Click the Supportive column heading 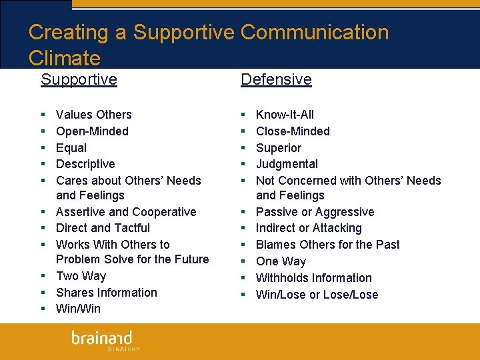click(79, 79)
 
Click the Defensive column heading click(276, 79)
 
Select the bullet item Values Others click(94, 115)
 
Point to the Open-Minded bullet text click(92, 131)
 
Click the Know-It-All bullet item click(285, 115)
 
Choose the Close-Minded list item click(293, 131)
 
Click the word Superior click(279, 148)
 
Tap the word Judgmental click(287, 164)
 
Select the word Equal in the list click(71, 148)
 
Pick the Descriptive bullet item click(85, 164)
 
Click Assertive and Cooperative click(126, 212)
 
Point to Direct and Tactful click(103, 228)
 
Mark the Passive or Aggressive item click(315, 212)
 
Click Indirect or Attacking click(309, 228)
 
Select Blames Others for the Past click(327, 245)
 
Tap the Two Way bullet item click(81, 276)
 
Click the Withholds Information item click(313, 278)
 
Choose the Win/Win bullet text click(78, 309)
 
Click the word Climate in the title click(65, 58)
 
